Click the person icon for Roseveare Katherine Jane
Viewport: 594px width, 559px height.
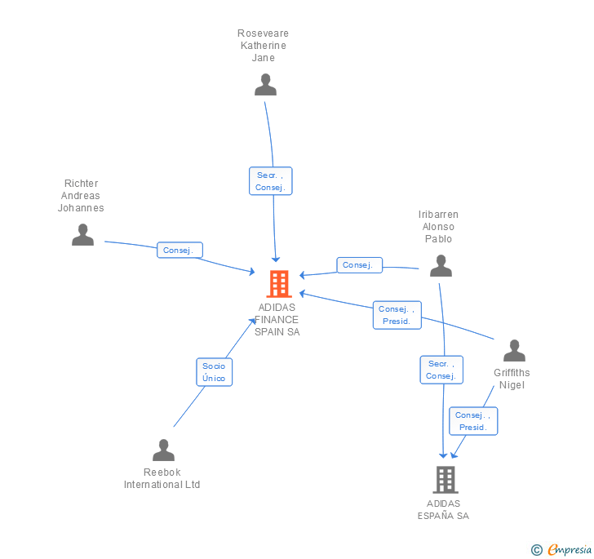265,85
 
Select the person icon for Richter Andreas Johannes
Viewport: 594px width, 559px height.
82,235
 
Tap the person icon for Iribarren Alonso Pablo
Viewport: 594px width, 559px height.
441,266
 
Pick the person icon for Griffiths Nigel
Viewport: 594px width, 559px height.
514,351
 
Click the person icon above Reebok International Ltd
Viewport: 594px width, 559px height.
163,450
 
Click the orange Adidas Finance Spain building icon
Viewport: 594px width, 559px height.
279,283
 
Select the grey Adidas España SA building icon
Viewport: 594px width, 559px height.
445,480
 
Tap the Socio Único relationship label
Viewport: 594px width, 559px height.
215,372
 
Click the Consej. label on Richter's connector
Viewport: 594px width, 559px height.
179,251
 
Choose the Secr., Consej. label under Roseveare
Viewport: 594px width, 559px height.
270,181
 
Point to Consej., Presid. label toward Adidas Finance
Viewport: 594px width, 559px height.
397,315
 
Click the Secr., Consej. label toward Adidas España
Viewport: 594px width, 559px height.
441,370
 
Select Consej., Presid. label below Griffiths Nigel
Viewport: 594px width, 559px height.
473,421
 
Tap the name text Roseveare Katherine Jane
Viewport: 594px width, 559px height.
263,46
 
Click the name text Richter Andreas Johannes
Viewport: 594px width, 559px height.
81,196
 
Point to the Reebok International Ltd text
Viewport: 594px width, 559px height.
162,478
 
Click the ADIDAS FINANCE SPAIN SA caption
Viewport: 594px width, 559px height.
277,320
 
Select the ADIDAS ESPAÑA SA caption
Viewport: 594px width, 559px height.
443,509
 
